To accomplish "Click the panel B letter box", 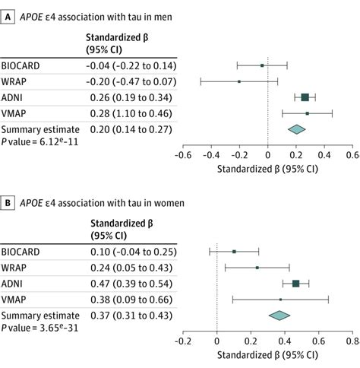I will coord(8,203).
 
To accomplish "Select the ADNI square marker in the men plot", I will coord(305,97).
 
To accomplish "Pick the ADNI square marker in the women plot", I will coord(296,283).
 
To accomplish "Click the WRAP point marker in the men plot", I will coord(239,81).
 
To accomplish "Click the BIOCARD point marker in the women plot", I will coord(234,251).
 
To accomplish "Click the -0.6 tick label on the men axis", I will coord(182,154).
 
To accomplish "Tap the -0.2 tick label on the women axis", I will coord(182,340).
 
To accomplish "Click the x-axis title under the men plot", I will coord(267,168).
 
